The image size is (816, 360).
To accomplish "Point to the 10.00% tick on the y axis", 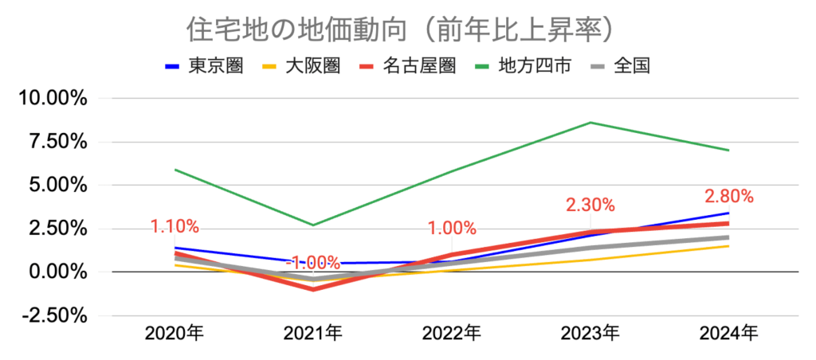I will click(x=53, y=99).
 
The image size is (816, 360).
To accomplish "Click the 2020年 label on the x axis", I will click(x=174, y=333).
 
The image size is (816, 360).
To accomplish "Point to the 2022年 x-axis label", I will click(x=451, y=333).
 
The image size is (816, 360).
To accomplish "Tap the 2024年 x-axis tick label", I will click(x=728, y=333).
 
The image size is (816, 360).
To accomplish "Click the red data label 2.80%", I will click(x=728, y=197).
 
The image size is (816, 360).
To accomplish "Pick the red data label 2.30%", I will click(x=590, y=205).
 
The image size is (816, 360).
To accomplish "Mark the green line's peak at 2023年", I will click(x=590, y=123).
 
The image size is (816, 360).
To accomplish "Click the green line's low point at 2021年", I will click(x=313, y=225).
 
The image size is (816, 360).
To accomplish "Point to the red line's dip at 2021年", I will click(x=313, y=289).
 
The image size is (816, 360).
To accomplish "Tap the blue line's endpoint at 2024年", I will click(x=728, y=213).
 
